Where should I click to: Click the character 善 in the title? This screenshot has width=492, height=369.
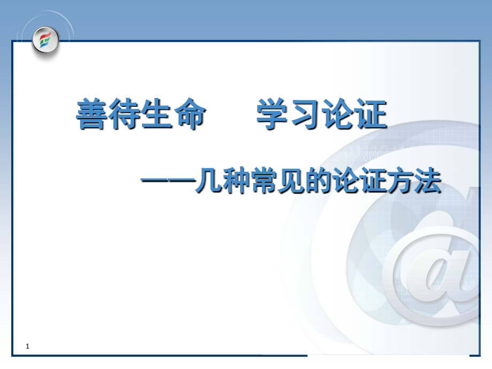91,114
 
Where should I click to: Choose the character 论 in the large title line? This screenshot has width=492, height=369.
337,114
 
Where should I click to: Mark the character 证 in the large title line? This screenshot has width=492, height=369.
370,114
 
